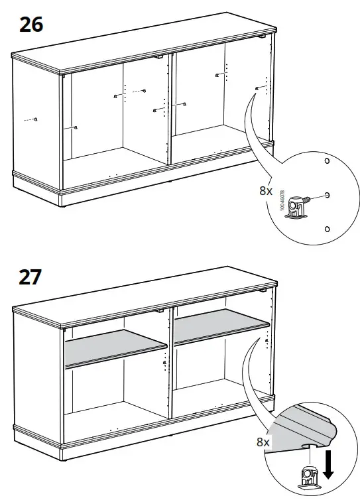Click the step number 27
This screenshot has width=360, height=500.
[x=30, y=275]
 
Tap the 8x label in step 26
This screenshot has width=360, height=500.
[x=266, y=190]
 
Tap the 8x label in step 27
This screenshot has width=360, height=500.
[x=263, y=441]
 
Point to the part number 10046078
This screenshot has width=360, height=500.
[x=282, y=197]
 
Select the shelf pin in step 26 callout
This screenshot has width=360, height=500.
[x=301, y=203]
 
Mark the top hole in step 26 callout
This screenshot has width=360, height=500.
[x=326, y=162]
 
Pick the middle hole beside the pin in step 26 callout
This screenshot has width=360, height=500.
[x=328, y=195]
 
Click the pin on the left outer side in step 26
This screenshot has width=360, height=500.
[x=36, y=119]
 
